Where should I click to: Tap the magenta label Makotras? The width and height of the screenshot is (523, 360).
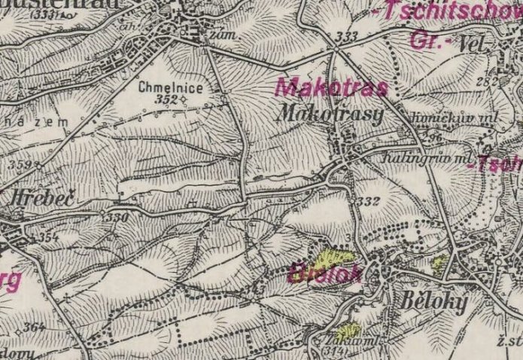tap(330, 87)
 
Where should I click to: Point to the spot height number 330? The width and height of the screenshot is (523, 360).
tap(118, 217)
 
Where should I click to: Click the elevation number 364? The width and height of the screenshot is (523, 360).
tap(33, 327)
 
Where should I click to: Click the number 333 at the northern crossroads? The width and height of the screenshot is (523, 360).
tap(347, 36)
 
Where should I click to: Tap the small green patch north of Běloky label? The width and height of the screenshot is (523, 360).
tap(439, 263)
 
